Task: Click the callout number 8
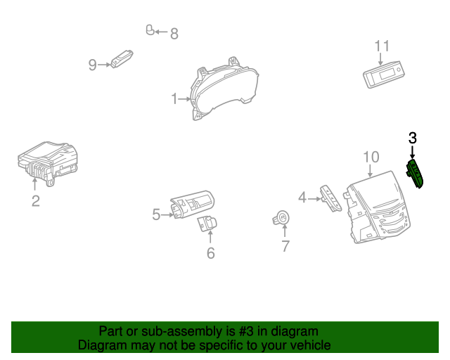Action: tap(174, 32)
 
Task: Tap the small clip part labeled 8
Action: tap(150, 30)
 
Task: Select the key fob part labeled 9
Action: tap(124, 59)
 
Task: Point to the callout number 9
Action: tap(93, 65)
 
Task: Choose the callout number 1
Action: tap(174, 99)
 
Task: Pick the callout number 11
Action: tap(382, 46)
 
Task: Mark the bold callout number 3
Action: tap(413, 138)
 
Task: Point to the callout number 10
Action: tap(371, 156)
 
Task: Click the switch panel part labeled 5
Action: tap(191, 205)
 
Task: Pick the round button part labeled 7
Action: tap(282, 219)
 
